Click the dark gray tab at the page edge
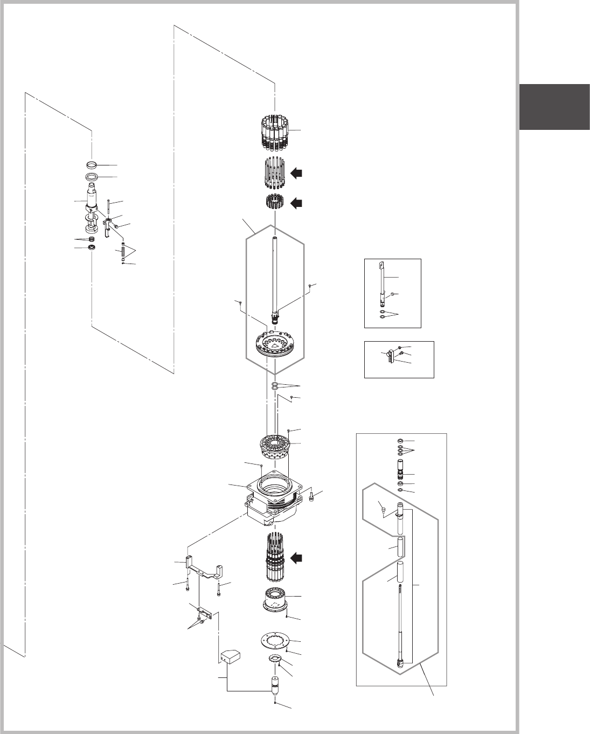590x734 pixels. click(x=553, y=107)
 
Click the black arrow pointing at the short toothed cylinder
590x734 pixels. click(x=296, y=204)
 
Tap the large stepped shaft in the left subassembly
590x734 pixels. click(x=91, y=199)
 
